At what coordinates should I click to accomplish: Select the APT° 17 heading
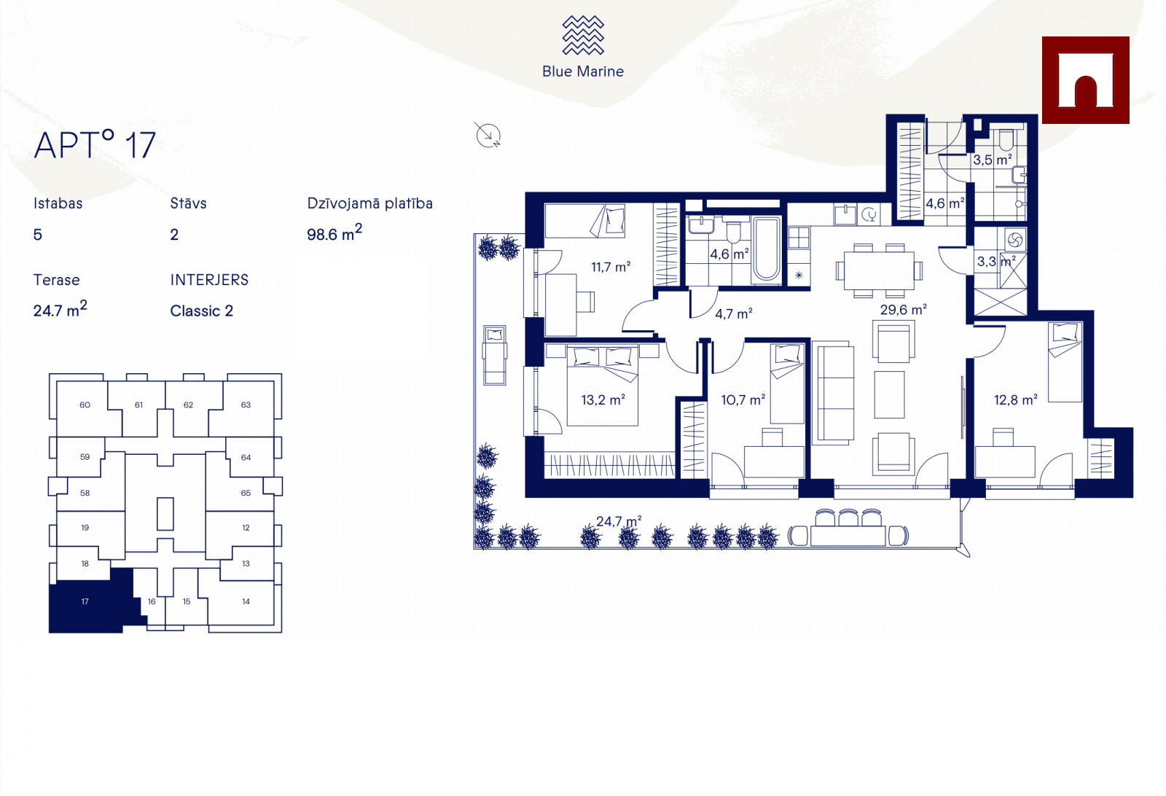tap(95, 145)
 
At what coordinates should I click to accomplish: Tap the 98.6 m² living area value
tap(334, 234)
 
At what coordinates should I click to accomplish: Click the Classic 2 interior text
tap(202, 311)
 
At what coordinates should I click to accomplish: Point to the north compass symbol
tap(488, 135)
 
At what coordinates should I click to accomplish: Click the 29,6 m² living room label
tap(903, 310)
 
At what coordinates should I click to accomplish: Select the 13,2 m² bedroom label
tap(603, 400)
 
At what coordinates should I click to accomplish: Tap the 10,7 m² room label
tap(743, 400)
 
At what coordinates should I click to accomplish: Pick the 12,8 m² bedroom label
tap(1015, 400)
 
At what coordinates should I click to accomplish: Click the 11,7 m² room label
tap(611, 268)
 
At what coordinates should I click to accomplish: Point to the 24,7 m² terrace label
tap(618, 521)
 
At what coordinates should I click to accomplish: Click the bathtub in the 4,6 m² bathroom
tap(767, 249)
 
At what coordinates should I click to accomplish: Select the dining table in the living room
tap(878, 270)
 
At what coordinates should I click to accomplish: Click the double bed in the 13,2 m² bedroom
tap(603, 386)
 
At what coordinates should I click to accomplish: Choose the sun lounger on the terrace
tap(495, 355)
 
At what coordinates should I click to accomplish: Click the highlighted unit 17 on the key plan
tap(85, 602)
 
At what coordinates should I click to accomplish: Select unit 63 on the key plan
tap(246, 405)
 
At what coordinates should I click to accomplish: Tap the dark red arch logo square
tap(1085, 80)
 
